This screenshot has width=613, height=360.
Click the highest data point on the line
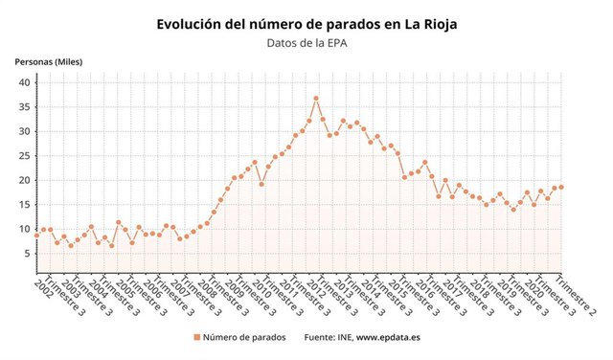(316, 99)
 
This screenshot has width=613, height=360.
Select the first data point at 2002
(36, 236)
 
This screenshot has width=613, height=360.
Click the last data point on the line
(561, 187)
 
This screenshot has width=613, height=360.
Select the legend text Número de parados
(244, 338)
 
